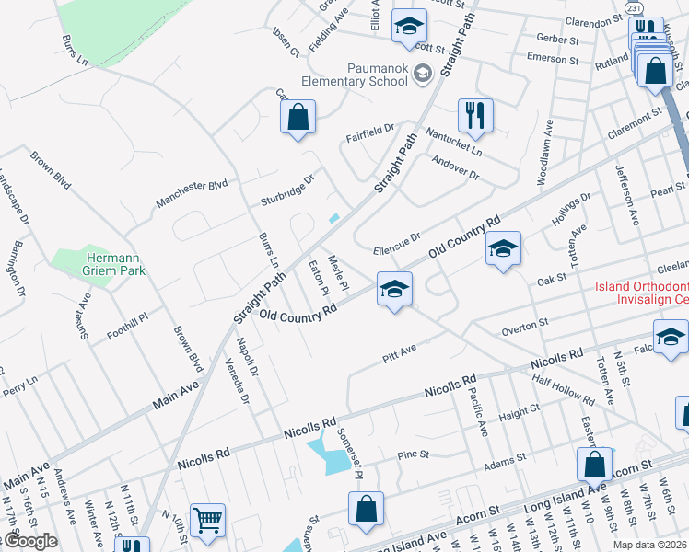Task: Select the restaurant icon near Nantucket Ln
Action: point(475,116)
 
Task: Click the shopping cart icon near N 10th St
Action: point(207,521)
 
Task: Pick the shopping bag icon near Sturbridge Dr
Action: point(298,118)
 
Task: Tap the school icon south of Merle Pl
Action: point(393,290)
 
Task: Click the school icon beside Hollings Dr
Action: point(503,249)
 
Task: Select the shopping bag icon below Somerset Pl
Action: point(366,508)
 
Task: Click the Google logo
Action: point(29,541)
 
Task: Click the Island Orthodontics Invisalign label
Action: point(641,293)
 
